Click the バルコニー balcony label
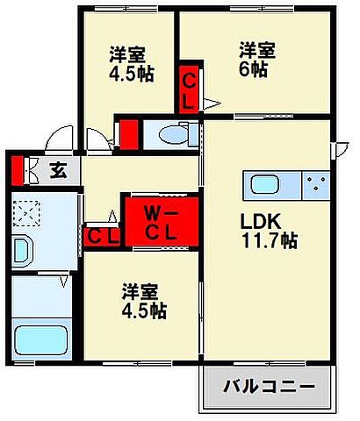[x=268, y=386]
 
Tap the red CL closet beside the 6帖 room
[x=189, y=89]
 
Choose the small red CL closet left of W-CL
[x=102, y=236]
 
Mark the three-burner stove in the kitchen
[x=316, y=187]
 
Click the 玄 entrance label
[x=58, y=169]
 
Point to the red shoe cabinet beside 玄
[x=15, y=169]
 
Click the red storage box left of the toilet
[x=127, y=134]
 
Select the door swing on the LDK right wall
[x=335, y=150]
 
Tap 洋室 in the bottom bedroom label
[x=140, y=290]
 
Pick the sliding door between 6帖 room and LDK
[x=255, y=115]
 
